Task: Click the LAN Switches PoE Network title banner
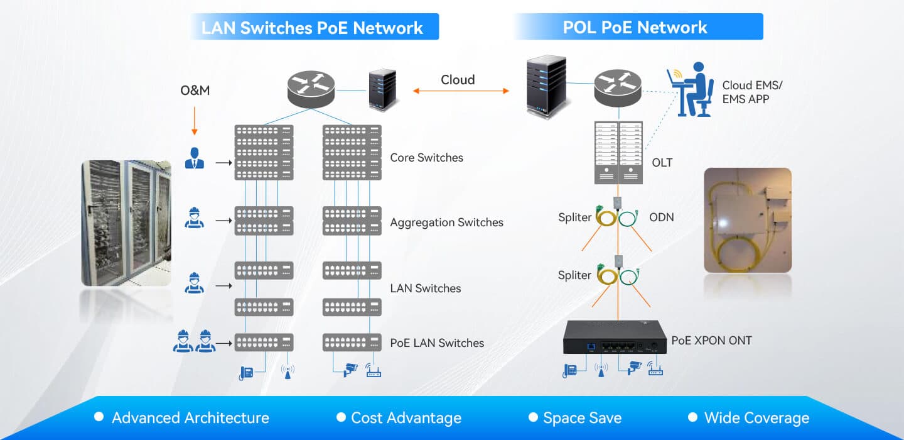click(x=315, y=26)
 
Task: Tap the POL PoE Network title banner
click(x=638, y=26)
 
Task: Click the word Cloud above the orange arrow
click(x=458, y=80)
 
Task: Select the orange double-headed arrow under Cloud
click(x=461, y=91)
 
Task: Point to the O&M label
click(x=195, y=90)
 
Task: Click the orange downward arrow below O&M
click(x=195, y=121)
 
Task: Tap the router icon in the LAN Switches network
click(x=311, y=89)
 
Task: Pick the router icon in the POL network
click(x=618, y=88)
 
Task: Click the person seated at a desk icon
click(x=690, y=90)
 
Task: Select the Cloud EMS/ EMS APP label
click(x=752, y=92)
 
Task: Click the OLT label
click(x=662, y=162)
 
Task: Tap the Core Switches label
click(x=427, y=158)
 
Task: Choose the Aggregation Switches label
click(x=447, y=223)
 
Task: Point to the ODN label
click(x=662, y=217)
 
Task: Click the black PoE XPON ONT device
click(x=615, y=338)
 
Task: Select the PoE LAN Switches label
click(x=437, y=343)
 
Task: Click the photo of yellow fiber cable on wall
click(x=748, y=220)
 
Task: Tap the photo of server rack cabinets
click(x=126, y=223)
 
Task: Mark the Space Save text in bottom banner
click(x=583, y=418)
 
